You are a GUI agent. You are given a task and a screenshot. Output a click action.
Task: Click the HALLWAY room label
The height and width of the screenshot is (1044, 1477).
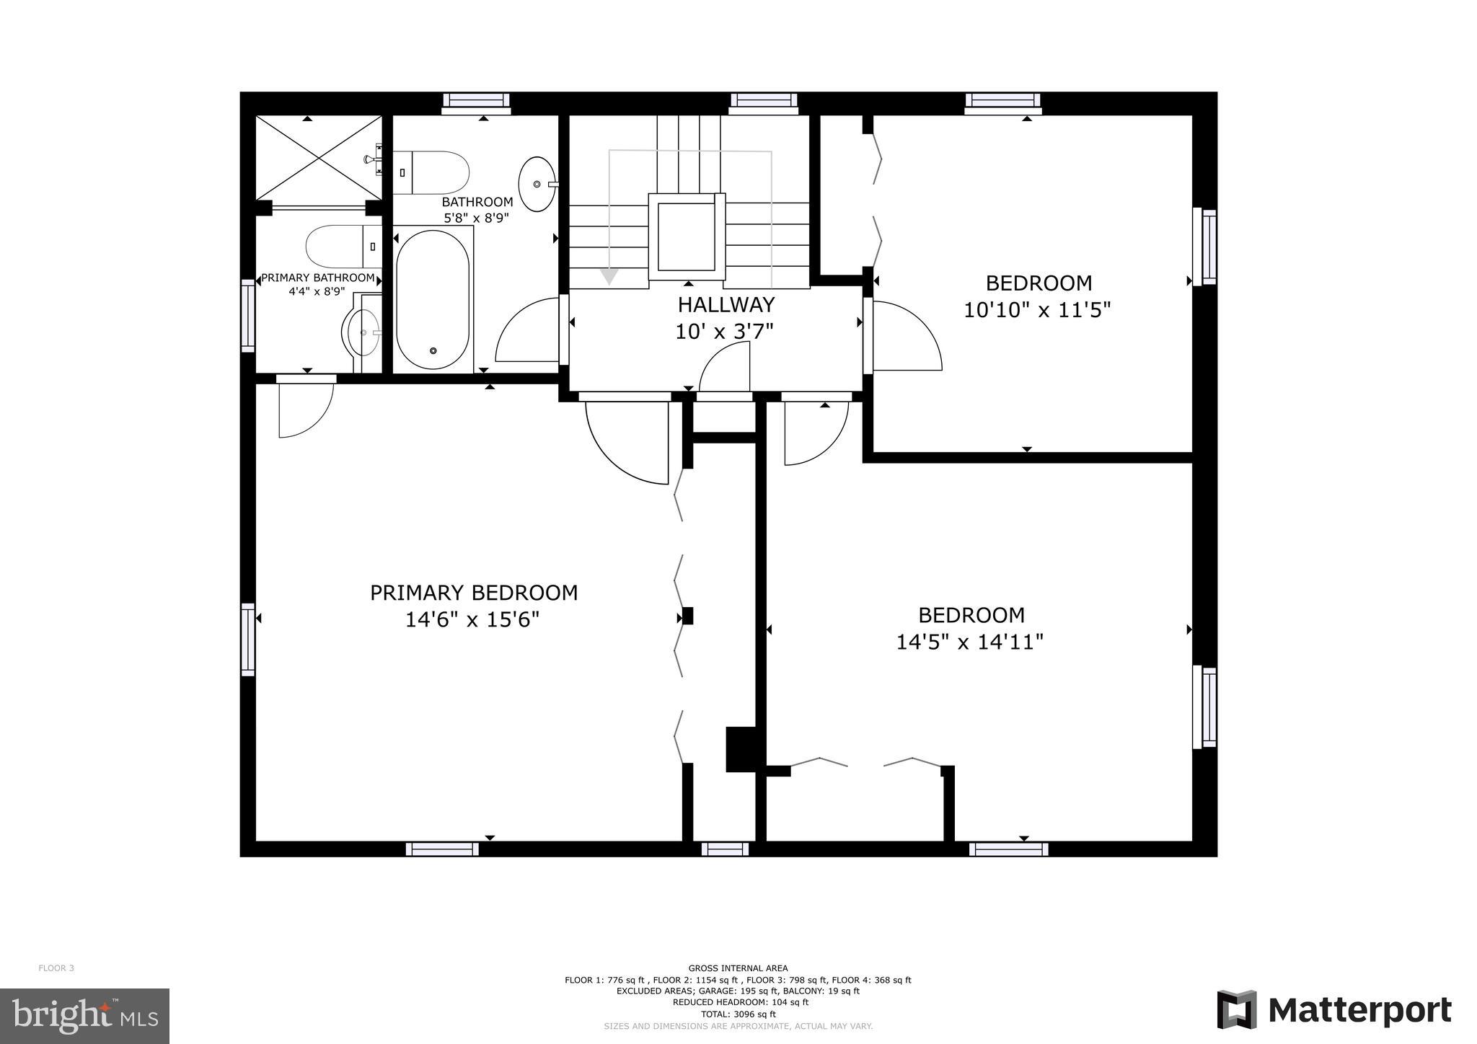pos(726,305)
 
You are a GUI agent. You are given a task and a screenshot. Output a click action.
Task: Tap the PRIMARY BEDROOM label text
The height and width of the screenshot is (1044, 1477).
pos(474,593)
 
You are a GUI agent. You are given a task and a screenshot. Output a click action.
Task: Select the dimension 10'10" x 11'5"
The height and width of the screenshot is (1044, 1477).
pos(1037,310)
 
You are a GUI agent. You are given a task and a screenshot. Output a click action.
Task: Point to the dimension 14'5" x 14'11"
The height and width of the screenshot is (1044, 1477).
pos(969,642)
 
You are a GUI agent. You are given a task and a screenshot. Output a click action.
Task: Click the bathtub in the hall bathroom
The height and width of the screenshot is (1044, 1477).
pos(433,299)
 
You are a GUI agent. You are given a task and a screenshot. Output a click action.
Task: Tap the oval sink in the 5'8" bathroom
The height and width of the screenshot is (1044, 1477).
pos(537,185)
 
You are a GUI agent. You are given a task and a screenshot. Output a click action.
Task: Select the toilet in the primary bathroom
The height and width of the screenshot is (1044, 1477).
pos(343,247)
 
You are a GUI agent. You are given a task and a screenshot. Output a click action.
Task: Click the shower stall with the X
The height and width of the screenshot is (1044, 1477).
pos(319,157)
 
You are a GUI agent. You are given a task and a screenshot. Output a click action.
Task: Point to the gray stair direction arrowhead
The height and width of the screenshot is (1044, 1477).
pos(609,276)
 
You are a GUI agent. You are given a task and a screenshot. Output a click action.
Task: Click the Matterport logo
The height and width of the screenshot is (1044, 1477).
pos(1334,1010)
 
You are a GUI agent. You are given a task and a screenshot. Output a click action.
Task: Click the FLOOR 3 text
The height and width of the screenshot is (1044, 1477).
pos(56,968)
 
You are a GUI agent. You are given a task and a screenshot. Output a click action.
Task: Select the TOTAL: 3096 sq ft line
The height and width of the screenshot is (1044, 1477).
pos(738,1014)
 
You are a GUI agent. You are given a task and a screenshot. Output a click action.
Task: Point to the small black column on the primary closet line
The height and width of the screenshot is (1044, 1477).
pos(687,616)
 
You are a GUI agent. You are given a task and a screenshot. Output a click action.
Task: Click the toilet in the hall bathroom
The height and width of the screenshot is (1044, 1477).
pos(431,173)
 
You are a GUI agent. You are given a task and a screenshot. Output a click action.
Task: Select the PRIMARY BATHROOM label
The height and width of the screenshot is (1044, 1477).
pos(317,278)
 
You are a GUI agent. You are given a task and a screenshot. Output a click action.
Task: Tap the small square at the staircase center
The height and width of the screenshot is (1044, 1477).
pos(686,236)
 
